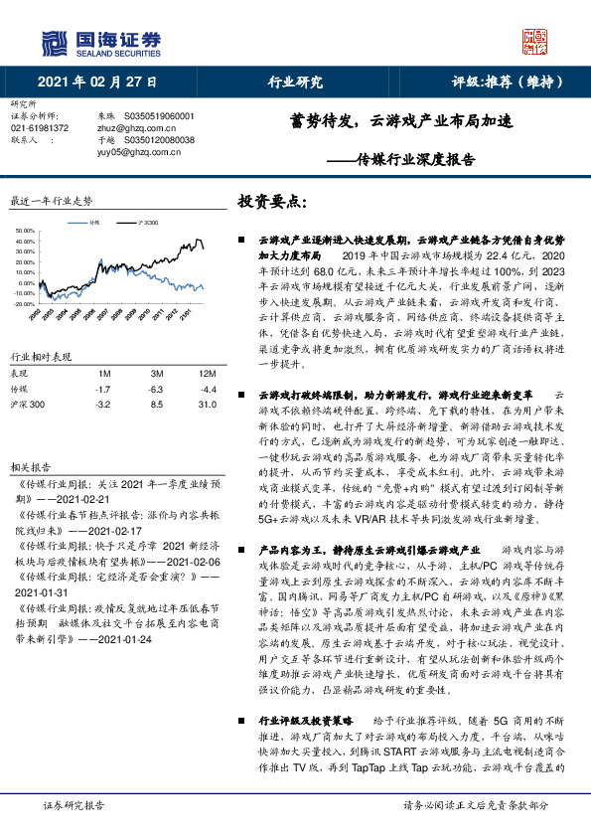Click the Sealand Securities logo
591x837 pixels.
pos(99,43)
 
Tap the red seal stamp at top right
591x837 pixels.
pos(535,41)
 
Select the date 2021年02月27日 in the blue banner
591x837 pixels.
pos(97,83)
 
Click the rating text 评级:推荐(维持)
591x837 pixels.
pos(510,83)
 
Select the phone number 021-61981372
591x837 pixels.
pos(40,128)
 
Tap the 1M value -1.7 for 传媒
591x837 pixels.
pos(102,389)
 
